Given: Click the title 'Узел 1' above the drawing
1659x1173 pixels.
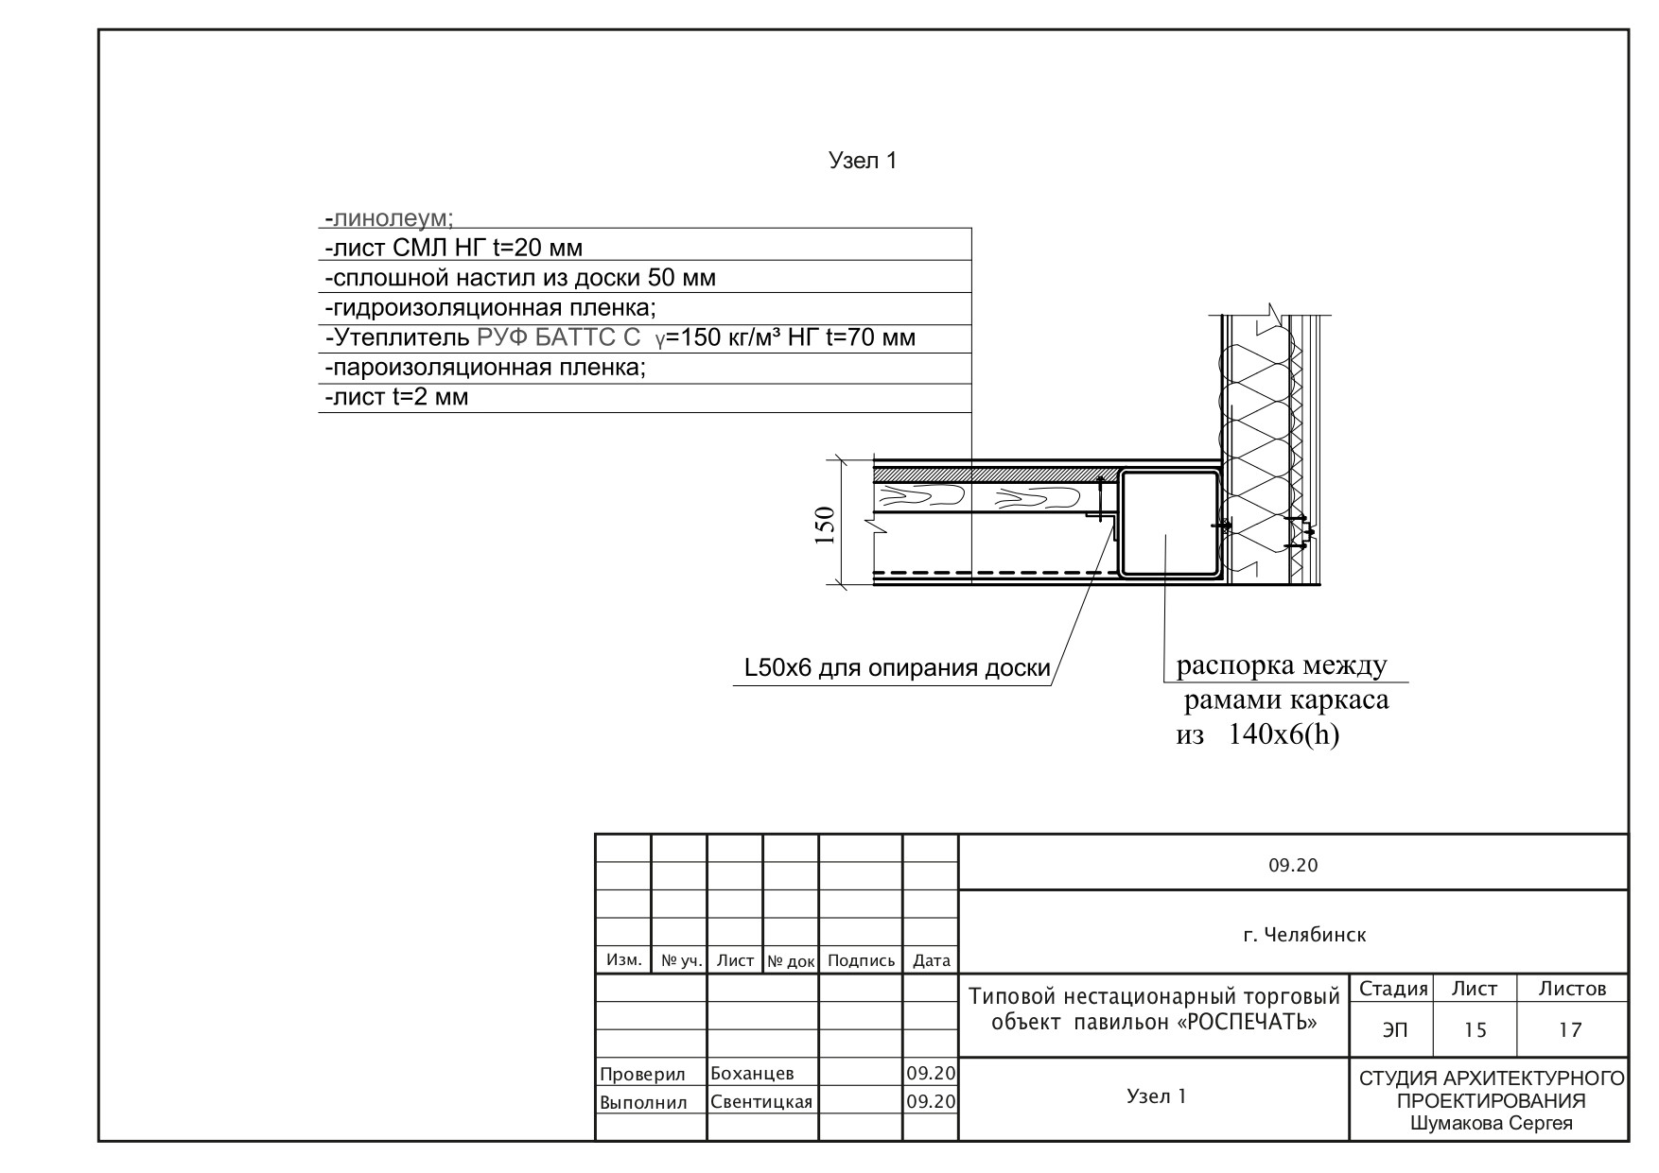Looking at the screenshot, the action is click(x=863, y=161).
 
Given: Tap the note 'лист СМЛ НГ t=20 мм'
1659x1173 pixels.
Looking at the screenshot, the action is click(x=453, y=249).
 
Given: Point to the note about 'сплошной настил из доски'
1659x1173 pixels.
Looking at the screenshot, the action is click(x=519, y=279).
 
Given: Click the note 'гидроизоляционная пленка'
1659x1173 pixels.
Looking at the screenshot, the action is click(x=490, y=308).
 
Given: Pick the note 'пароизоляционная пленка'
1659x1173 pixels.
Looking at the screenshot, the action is click(x=484, y=368).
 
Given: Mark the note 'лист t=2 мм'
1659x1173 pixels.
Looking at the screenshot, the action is click(x=396, y=397).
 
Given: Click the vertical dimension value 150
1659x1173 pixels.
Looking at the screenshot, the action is click(x=825, y=526).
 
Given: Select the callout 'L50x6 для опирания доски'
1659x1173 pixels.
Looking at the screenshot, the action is click(x=898, y=669).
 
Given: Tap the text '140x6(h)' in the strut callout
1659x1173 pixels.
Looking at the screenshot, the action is click(x=1284, y=734).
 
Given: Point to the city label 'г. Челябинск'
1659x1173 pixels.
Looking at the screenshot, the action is click(x=1304, y=936).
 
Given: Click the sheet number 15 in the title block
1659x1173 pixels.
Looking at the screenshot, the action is click(x=1476, y=1030).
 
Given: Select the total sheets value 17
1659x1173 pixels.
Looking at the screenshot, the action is click(x=1571, y=1030).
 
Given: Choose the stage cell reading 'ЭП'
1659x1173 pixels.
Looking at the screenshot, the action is click(x=1393, y=1031).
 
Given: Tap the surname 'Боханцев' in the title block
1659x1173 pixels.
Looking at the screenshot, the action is click(x=752, y=1074).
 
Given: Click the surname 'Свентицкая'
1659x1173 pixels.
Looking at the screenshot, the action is click(x=761, y=1102).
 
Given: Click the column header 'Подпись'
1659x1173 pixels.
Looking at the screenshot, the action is click(x=861, y=961).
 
